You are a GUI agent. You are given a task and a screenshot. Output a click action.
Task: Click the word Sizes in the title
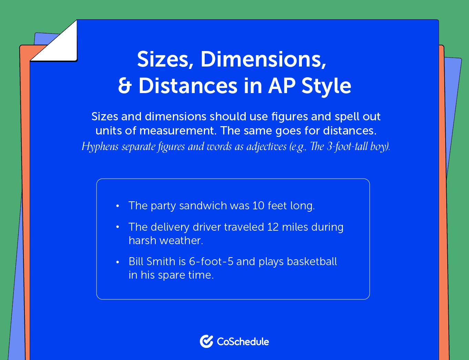163,59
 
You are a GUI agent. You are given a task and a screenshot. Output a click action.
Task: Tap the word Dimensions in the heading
263,59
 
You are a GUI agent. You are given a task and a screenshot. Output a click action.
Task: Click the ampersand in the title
125,86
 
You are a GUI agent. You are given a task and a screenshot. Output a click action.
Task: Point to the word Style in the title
326,86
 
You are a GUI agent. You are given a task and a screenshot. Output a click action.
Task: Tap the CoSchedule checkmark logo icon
206,341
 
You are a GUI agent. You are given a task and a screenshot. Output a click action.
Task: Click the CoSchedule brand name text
243,342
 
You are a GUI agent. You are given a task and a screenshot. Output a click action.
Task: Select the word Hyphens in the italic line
100,147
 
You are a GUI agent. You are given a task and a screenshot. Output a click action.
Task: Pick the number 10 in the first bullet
258,206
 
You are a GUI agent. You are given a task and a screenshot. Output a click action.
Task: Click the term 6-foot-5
211,262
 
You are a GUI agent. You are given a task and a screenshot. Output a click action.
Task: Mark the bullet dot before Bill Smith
118,262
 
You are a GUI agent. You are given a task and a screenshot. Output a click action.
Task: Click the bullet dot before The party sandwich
118,206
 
